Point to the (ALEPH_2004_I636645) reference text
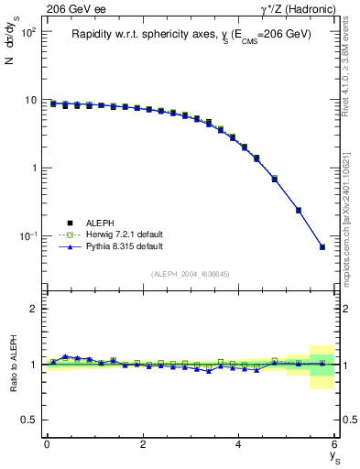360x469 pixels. (191, 274)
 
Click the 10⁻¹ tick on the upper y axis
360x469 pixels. (28, 236)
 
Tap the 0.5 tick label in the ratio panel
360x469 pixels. (30, 420)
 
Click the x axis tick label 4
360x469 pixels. (239, 444)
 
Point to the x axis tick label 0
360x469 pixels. (47, 444)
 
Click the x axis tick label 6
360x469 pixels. (334, 444)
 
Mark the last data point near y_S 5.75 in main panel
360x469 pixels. (322, 247)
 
